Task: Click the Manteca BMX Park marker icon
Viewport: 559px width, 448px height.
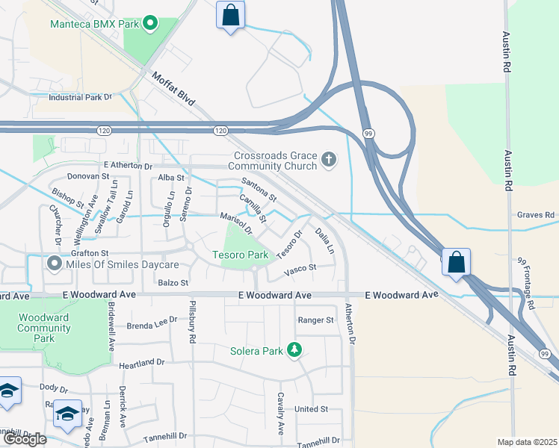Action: click(x=149, y=23)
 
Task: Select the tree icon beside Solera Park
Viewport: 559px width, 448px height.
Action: click(x=294, y=349)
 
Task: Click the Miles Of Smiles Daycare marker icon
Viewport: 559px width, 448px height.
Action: click(x=54, y=264)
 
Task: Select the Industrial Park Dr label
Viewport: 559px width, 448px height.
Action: click(x=79, y=97)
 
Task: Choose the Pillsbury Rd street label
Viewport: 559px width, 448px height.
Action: click(x=192, y=325)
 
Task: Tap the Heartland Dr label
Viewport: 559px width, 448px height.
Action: click(x=141, y=361)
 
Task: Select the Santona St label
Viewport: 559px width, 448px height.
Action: click(x=259, y=190)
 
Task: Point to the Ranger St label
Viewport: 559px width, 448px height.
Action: click(x=315, y=320)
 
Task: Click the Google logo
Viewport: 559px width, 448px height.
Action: click(x=25, y=439)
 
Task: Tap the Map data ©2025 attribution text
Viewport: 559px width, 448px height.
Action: click(x=527, y=442)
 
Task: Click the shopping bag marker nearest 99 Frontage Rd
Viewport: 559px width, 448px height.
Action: click(x=456, y=263)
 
